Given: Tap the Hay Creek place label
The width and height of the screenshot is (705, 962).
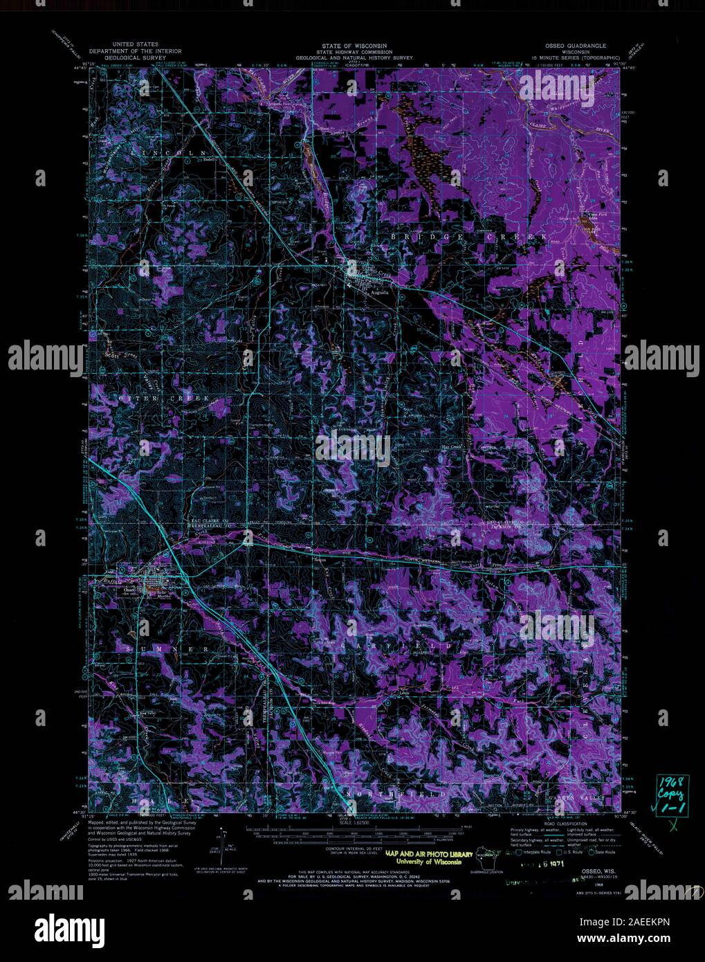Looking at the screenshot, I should pos(451,447).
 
